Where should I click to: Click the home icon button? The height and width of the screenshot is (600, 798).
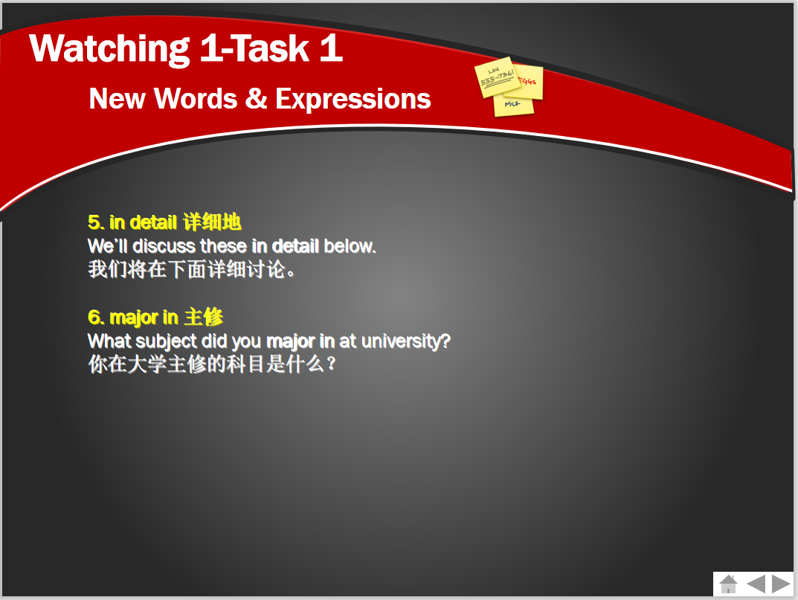(x=729, y=584)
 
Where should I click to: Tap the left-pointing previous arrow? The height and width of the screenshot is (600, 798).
(x=756, y=584)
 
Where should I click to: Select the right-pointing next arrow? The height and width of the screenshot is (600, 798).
(x=781, y=584)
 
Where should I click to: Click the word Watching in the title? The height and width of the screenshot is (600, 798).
(x=110, y=49)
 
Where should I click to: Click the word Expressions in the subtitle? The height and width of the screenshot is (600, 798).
(x=353, y=99)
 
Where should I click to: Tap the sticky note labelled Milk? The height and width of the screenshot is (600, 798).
(x=513, y=106)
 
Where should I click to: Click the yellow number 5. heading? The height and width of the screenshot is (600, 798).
(x=96, y=222)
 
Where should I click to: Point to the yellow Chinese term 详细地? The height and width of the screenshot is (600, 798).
(x=212, y=222)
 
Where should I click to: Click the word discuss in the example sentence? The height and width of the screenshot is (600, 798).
(x=164, y=246)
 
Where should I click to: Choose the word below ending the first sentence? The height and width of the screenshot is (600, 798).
(x=350, y=246)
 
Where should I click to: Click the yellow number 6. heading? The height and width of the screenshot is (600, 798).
(x=96, y=317)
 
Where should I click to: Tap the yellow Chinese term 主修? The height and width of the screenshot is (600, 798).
(x=203, y=317)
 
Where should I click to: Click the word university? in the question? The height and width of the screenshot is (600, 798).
(x=406, y=341)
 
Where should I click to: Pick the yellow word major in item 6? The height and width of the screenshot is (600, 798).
(x=134, y=318)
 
